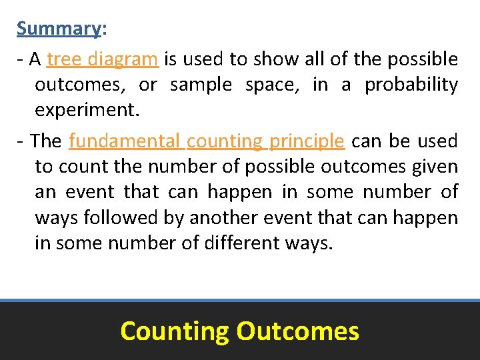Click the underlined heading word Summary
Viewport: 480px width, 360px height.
(x=58, y=29)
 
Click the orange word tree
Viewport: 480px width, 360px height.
(x=64, y=59)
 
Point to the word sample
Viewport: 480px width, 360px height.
(x=201, y=85)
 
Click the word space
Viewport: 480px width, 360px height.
(x=272, y=85)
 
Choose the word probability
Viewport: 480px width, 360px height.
(x=411, y=85)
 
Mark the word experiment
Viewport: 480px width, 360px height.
(x=87, y=111)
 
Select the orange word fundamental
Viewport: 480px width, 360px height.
(x=124, y=141)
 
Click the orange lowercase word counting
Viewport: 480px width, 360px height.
(x=225, y=141)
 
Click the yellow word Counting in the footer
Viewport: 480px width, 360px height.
(x=174, y=331)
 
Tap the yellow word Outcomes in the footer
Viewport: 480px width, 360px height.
(x=297, y=331)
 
